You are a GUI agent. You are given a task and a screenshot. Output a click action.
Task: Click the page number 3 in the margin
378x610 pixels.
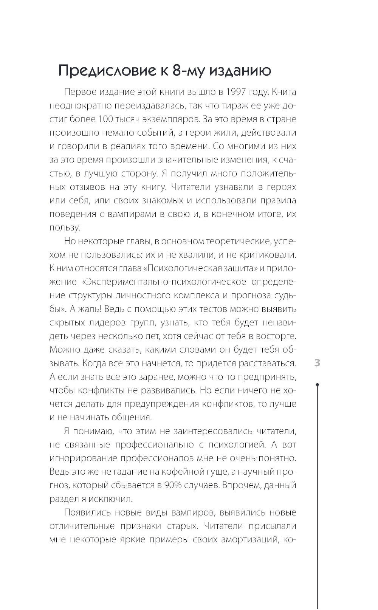(x=317, y=363)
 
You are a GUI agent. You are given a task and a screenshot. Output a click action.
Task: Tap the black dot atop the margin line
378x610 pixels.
(x=318, y=385)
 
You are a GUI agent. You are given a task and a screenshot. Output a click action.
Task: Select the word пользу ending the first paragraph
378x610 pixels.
(x=64, y=228)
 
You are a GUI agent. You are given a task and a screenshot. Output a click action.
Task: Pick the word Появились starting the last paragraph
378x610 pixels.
(x=88, y=512)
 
